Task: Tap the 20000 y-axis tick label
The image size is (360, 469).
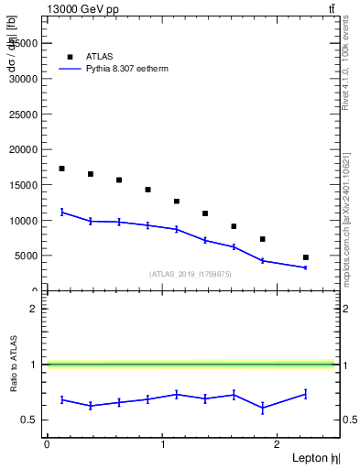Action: tap(22, 149)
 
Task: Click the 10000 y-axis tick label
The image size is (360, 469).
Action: tap(22, 221)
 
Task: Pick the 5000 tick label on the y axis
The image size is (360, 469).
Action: tap(25, 256)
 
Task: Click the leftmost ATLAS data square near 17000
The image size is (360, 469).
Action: tap(61, 169)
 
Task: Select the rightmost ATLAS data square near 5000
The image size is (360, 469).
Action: tap(305, 257)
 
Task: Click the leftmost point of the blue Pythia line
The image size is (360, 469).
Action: tap(61, 212)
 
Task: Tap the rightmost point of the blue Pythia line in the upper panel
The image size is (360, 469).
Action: tap(305, 267)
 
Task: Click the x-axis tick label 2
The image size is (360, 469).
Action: tap(278, 445)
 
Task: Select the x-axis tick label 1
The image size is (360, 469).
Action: tap(162, 445)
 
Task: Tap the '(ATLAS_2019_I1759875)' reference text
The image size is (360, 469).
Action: tap(191, 273)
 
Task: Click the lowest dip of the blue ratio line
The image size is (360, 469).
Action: tap(263, 408)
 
